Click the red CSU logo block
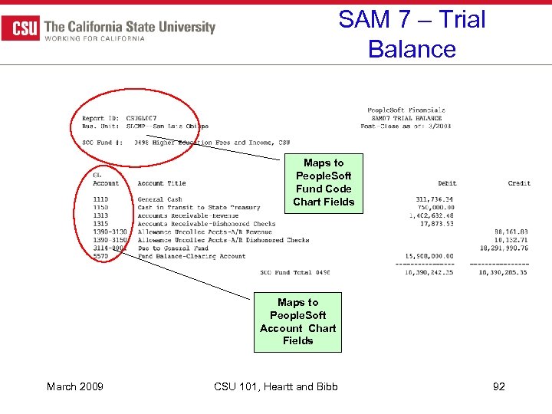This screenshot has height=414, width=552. coord(21,28)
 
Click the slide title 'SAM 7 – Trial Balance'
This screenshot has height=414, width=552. coord(412,34)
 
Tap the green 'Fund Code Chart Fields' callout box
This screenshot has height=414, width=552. coord(324,182)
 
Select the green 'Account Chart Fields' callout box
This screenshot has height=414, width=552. coord(297,321)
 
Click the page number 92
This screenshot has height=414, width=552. coord(499,386)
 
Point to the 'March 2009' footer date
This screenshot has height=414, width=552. coord(72,386)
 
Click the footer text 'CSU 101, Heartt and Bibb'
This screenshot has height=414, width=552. coord(274,386)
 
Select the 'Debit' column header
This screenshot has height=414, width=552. coord(447,183)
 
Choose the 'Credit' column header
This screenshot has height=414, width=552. coord(519,183)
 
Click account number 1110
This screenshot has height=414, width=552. coord(100,199)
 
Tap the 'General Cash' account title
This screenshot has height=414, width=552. coord(160,199)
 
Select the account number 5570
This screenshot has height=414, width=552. coord(100,256)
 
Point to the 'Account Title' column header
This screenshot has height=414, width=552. coord(162,183)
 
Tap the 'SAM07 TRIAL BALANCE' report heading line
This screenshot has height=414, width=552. coord(406,118)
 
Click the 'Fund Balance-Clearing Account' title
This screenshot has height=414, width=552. coord(192,256)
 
